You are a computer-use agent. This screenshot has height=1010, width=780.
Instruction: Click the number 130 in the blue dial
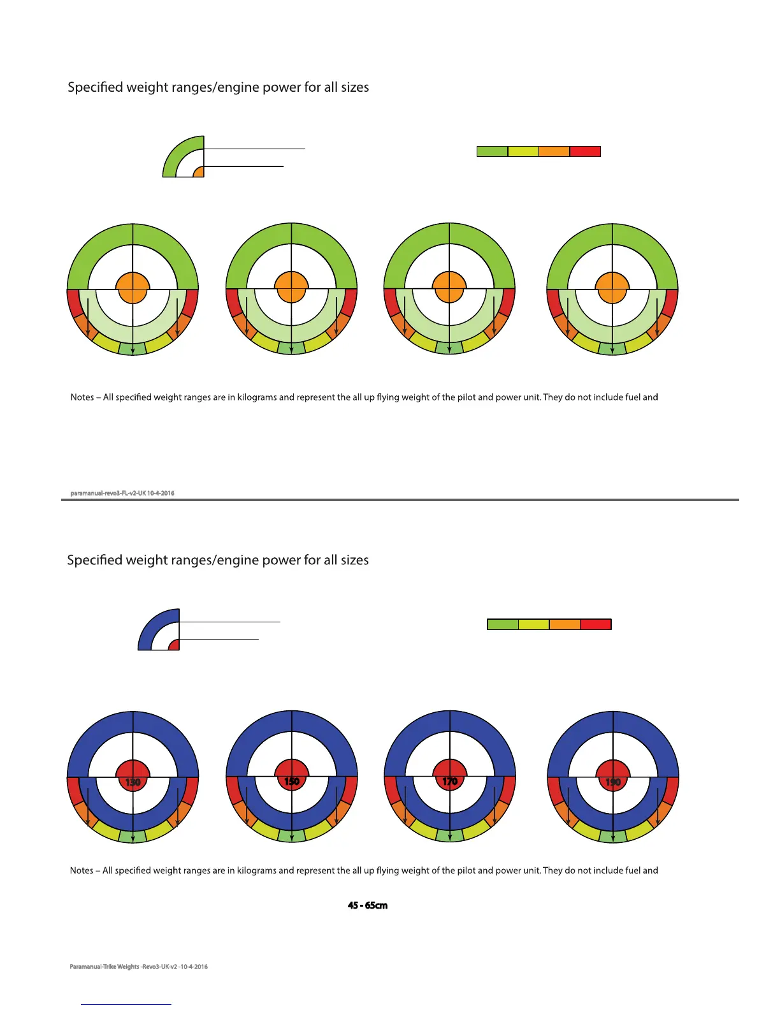pyautogui.click(x=133, y=782)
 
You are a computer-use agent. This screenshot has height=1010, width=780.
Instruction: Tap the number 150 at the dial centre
pyautogui.click(x=292, y=781)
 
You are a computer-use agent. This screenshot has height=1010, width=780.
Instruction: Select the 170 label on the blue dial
pyautogui.click(x=450, y=780)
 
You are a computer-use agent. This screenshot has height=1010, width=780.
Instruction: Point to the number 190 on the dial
pyautogui.click(x=612, y=782)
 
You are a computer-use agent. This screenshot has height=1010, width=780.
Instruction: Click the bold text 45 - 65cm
pyautogui.click(x=368, y=905)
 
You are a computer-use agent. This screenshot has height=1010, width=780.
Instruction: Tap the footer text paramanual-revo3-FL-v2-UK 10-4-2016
pyautogui.click(x=122, y=493)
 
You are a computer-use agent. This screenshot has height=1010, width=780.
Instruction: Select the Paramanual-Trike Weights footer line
pyautogui.click(x=138, y=967)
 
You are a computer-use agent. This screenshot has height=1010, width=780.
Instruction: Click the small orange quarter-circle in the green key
pyautogui.click(x=199, y=172)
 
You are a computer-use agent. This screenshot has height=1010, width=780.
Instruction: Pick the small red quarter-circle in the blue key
pyautogui.click(x=175, y=645)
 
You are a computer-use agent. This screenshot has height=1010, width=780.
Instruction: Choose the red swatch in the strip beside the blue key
pyautogui.click(x=596, y=624)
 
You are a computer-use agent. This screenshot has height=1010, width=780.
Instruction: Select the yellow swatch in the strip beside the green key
pyautogui.click(x=523, y=151)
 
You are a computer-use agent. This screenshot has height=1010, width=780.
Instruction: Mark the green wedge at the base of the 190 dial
pyautogui.click(x=613, y=835)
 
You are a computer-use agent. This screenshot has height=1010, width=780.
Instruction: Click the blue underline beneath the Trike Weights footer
pyautogui.click(x=126, y=1004)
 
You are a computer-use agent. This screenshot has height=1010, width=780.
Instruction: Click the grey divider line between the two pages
pyautogui.click(x=400, y=500)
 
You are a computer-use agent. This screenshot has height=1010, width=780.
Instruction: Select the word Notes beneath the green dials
pyautogui.click(x=82, y=397)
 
